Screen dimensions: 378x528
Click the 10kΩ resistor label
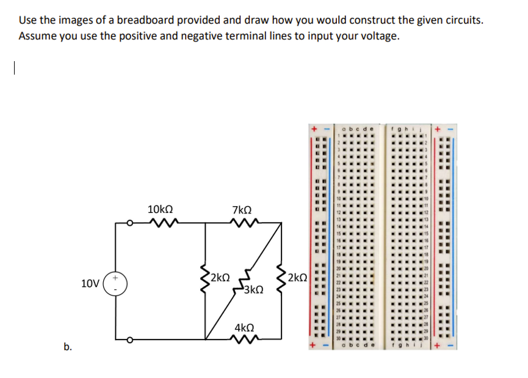[x=161, y=209]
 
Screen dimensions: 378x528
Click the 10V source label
[x=90, y=283]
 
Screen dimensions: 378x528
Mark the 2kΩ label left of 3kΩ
[x=219, y=276]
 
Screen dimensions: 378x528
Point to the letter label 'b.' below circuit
[x=68, y=347]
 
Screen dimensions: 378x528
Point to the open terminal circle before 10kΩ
[x=129, y=224]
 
